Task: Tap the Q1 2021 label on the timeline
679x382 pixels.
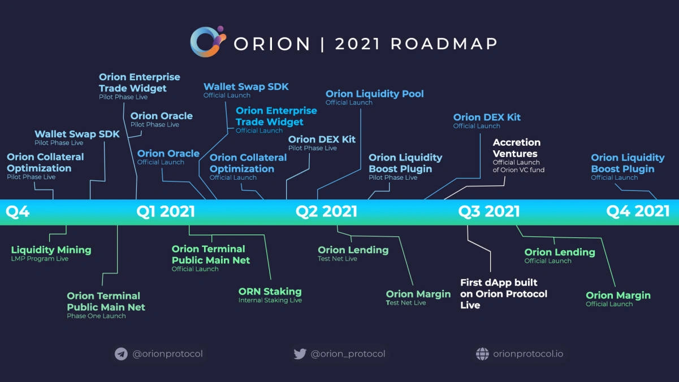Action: [166, 212]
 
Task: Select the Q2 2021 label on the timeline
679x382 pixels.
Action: [326, 212]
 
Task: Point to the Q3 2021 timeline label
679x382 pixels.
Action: [489, 212]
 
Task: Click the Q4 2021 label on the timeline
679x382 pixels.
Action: [638, 212]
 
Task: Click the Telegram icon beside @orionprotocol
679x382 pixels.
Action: [121, 354]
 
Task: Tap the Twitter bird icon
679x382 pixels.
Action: [300, 354]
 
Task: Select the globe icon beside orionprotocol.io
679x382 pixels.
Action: [482, 354]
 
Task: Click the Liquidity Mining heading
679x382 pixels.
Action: [51, 250]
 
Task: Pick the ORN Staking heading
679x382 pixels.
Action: [270, 292]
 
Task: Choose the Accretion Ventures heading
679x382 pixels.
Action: [516, 148]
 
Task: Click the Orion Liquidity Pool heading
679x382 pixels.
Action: [374, 94]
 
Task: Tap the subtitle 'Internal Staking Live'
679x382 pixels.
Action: [270, 301]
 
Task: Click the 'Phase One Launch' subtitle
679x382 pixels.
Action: [96, 316]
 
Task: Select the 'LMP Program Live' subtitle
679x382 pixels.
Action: [40, 259]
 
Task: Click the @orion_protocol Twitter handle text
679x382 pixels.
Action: [348, 354]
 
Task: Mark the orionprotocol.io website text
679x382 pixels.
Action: [528, 354]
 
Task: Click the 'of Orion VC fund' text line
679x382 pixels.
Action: [518, 170]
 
